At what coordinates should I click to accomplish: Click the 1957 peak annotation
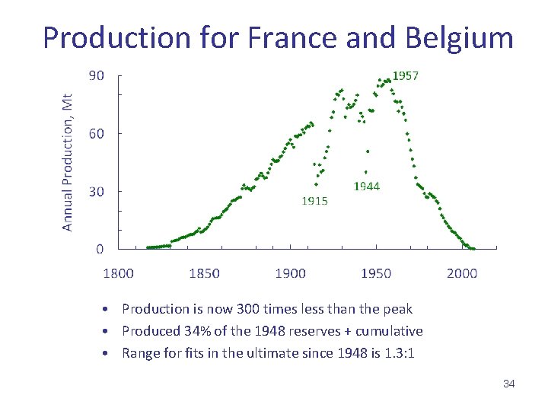coord(405,76)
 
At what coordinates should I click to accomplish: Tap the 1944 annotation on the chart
coord(367,186)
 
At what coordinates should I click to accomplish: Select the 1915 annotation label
coord(314,202)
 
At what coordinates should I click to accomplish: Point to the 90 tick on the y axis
coord(97,75)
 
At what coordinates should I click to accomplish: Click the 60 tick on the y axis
coord(97,133)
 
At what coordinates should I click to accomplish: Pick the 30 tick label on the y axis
coord(97,191)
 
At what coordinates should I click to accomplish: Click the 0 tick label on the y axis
coord(100,249)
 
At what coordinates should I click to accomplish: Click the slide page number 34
coord(509,384)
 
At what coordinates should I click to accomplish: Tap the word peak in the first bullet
coord(397,309)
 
